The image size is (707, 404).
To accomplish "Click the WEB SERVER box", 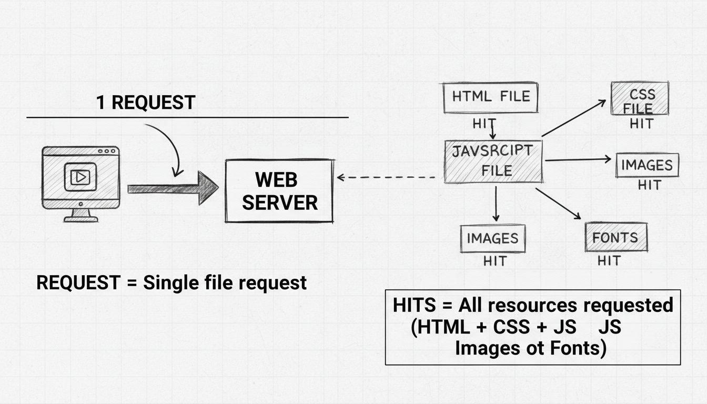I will coord(279,190).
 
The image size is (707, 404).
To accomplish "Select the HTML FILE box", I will coord(490,97).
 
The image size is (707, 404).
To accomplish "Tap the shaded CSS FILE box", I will coord(640,98).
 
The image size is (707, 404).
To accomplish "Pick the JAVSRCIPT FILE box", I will coord(493,161).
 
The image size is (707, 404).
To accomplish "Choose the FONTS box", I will coord(615,237).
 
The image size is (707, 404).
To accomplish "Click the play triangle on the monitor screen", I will coord(80,177).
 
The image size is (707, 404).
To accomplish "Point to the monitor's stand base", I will coord(80,218).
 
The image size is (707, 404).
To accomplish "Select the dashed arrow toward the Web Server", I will coord(387,178).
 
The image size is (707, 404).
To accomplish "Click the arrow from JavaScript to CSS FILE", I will coord(573,118).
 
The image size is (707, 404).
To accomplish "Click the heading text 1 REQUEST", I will coord(146,103).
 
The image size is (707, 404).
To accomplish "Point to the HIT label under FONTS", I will coord(609,260).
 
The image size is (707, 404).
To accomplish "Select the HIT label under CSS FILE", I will coord(641,124).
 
